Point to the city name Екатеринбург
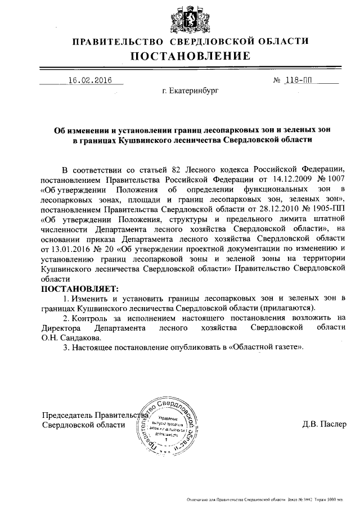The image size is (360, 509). [x=190, y=90]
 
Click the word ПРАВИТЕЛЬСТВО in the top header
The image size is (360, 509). [x=118, y=41]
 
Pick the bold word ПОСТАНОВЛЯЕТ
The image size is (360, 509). [x=81, y=288]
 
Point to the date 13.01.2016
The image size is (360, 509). [x=64, y=248]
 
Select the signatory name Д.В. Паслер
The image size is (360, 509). [x=324, y=424]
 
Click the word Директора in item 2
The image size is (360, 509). [x=62, y=328]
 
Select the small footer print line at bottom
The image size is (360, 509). [x=264, y=499]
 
